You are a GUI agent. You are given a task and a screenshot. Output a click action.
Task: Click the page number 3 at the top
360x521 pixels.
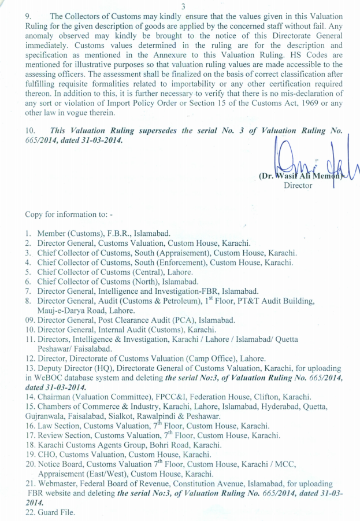183,6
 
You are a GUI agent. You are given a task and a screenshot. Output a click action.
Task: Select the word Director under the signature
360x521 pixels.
298,186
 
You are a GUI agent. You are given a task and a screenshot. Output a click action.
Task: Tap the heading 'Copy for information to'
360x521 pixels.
69,215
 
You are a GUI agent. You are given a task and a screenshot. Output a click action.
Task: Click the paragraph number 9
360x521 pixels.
28,17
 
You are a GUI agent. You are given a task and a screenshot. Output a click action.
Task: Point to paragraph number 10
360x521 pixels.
30,131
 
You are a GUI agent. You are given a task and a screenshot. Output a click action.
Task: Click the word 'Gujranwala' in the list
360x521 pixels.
45,416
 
